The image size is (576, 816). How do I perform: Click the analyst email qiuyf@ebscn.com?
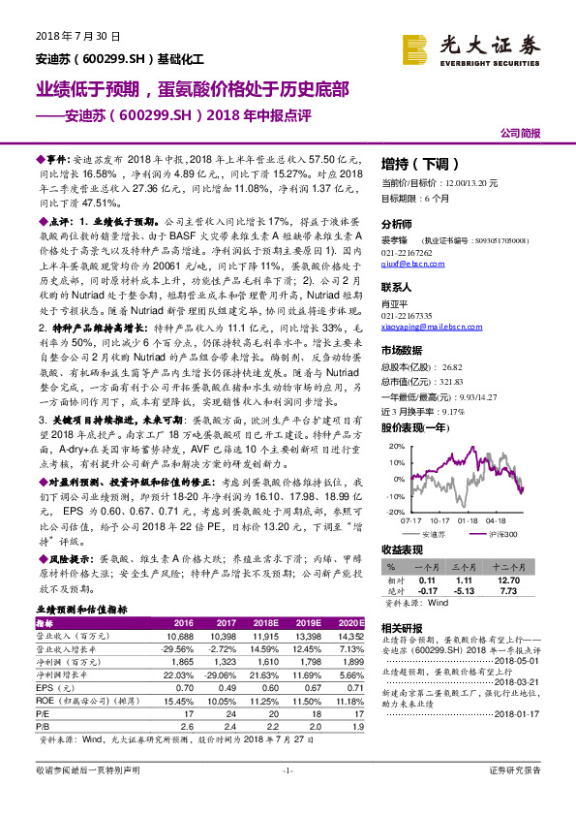(x=409, y=263)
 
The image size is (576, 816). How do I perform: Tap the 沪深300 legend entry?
(x=503, y=533)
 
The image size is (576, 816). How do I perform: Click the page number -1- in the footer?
(x=288, y=797)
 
